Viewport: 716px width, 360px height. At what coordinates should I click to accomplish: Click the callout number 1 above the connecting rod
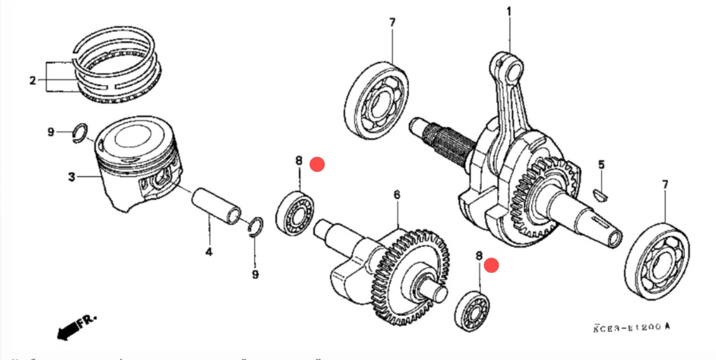point(509,11)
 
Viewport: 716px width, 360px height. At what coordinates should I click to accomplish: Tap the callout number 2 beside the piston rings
point(33,80)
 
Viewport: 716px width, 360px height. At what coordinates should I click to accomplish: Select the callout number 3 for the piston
point(71,177)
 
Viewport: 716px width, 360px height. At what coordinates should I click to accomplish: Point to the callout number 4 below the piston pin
point(209,253)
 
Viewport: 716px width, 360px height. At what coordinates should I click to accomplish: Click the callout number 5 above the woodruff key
point(602,165)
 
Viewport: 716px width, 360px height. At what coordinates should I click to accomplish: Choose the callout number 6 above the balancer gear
point(397,195)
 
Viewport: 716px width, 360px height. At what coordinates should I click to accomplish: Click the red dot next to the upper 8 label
point(317,164)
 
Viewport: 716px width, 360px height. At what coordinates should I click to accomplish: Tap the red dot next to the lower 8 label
point(492,266)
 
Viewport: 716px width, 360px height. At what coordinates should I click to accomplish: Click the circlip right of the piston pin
point(256,227)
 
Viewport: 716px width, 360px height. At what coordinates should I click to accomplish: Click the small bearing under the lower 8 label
point(473,310)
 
